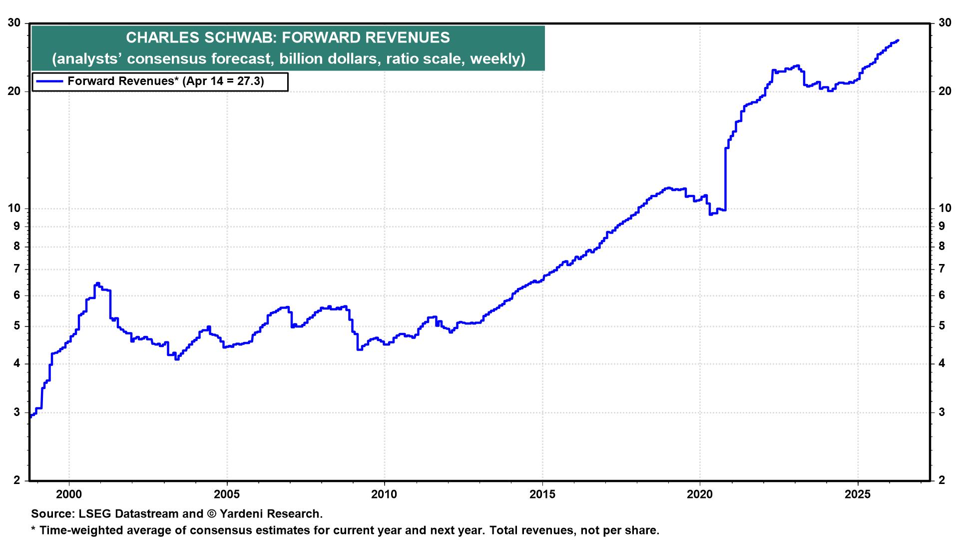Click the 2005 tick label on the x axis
coord(227,495)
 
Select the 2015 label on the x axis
coord(542,495)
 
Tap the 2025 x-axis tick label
coord(858,495)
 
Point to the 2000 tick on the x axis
coord(69,495)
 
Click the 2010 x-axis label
coord(385,495)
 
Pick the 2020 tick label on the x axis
coord(700,495)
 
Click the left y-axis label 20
coord(14,91)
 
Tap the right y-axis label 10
coord(945,208)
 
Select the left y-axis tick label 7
coord(17,269)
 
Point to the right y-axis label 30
coord(945,23)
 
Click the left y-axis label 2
coord(17,480)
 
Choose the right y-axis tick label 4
coord(942,363)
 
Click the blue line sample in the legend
coord(48,81)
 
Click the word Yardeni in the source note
coord(239,514)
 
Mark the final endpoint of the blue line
coord(898,40)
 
